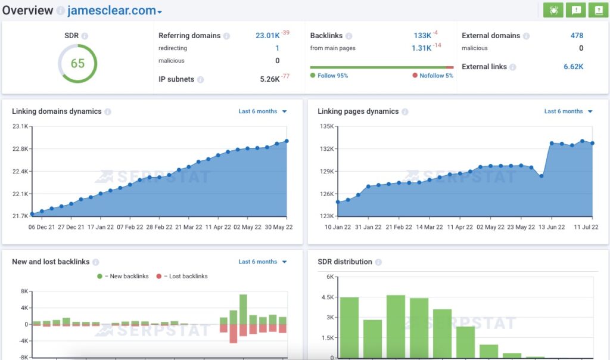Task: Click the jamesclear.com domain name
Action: tap(111, 10)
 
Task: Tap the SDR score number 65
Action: tap(77, 63)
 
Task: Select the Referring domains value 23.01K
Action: tap(267, 35)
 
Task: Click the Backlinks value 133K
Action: tap(422, 35)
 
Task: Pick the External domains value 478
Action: tap(577, 35)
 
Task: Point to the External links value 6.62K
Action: tap(573, 67)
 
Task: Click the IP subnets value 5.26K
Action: tap(270, 79)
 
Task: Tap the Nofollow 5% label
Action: tap(436, 76)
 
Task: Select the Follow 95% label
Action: tap(332, 76)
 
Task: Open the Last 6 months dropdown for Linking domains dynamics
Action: tap(263, 111)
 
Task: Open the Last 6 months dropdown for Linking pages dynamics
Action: tap(568, 111)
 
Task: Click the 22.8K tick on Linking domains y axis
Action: tap(20, 148)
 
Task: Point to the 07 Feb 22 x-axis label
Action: tap(130, 227)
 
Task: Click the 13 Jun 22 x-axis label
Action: tap(552, 227)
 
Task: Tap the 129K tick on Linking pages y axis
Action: tap(327, 171)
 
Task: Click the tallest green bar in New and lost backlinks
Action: tap(243, 309)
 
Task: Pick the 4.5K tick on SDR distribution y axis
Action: tap(327, 297)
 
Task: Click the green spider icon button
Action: tap(553, 10)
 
